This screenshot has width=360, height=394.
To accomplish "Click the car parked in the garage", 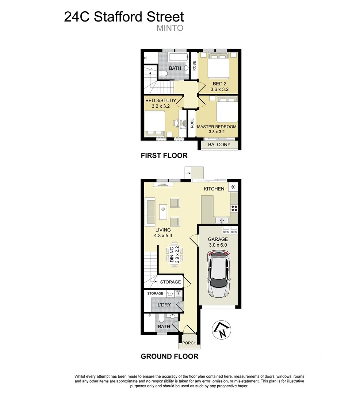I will [x=218, y=274].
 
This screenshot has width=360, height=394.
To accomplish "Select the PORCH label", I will [x=189, y=343].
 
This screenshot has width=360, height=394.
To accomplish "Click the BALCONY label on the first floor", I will [x=219, y=144].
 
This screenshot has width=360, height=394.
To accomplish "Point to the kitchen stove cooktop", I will [x=234, y=208].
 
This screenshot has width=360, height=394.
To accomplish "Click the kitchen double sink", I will [x=222, y=220].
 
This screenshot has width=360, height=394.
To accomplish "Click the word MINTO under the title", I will [x=169, y=28].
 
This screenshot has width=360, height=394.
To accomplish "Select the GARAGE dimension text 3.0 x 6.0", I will [x=217, y=245].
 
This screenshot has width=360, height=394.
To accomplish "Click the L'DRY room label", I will [x=164, y=305].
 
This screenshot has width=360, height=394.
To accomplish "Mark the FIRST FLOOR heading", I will [x=164, y=156].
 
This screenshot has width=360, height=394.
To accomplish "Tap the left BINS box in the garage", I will [x=226, y=232].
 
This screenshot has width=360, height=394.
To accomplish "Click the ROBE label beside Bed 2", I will [x=194, y=66].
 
